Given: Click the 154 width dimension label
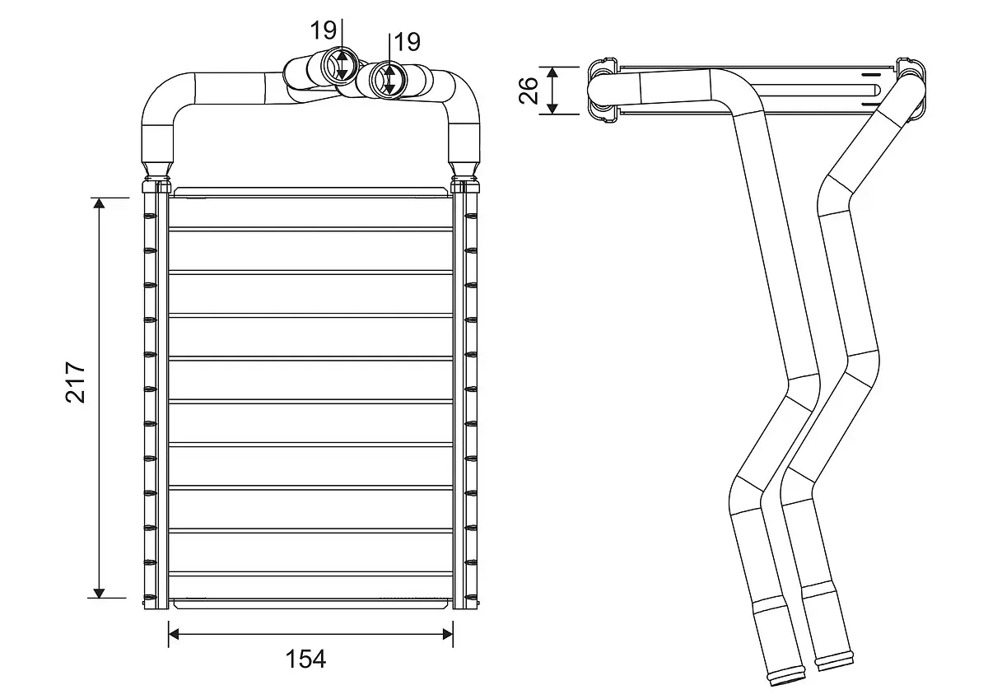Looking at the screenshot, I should click(x=305, y=659).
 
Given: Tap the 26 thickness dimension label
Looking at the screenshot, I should click(x=530, y=90).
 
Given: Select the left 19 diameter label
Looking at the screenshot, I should click(x=323, y=31).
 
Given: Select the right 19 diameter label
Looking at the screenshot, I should click(x=407, y=41).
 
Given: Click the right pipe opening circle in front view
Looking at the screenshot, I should click(x=388, y=80).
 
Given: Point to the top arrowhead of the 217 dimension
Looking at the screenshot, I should click(x=99, y=204).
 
